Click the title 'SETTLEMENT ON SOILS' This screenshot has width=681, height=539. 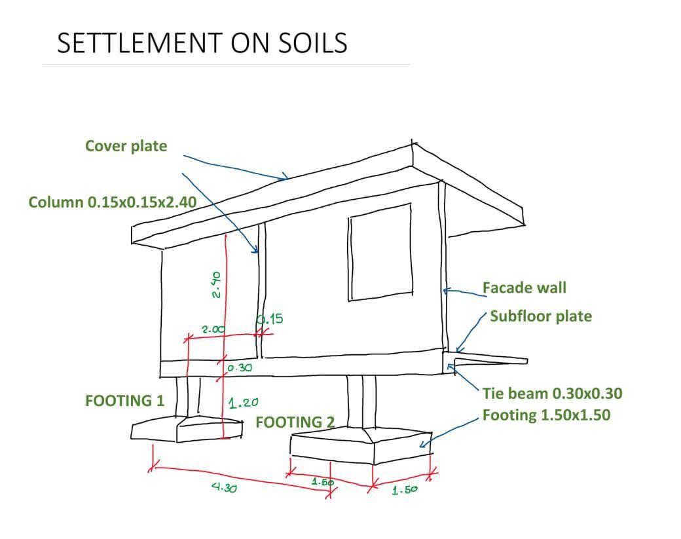tap(202, 43)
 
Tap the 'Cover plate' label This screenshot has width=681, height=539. tap(126, 146)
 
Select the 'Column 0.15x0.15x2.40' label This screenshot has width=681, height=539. tap(112, 202)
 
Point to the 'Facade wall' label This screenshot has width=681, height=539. tap(524, 288)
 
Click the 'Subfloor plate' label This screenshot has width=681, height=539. tap(540, 316)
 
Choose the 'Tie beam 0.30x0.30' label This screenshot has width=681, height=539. tap(552, 394)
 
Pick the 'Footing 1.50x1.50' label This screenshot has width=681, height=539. tap(546, 415)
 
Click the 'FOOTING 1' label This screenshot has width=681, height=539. tap(124, 400)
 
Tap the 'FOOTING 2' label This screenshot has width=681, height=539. tap(295, 422)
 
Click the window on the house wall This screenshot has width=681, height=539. tap(380, 252)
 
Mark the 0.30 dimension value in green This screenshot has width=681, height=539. tap(240, 368)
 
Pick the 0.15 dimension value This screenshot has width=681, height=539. tap(270, 319)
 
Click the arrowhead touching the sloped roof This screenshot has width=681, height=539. tap(284, 177)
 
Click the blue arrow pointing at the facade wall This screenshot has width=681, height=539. tap(462, 291)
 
